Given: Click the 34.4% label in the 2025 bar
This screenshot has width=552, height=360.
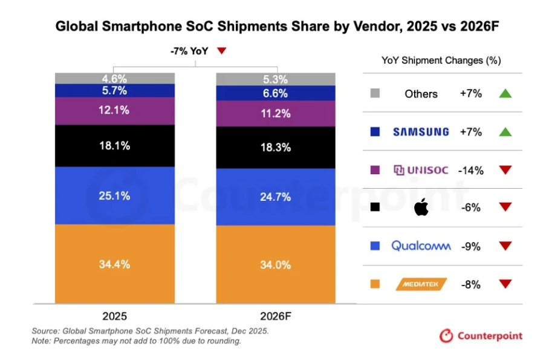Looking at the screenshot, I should pos(115,264).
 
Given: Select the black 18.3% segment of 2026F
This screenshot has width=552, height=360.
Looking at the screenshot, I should pos(276,147).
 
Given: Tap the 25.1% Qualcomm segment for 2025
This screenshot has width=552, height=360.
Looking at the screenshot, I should pos(115,195).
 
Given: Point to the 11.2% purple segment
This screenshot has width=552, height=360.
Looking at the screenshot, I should pos(276,113).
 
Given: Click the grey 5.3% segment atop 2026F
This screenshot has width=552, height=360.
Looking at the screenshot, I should pos(276,79).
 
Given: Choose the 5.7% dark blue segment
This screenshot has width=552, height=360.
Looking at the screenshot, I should pos(115,90).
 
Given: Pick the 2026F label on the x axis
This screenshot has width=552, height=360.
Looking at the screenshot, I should pos(276,315).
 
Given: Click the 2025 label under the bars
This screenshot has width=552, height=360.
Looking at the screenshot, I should pos(115,315).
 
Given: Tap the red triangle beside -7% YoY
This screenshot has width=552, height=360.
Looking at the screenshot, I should pos(221,51).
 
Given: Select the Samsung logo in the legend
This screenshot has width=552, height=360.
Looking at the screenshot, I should pos(421,132).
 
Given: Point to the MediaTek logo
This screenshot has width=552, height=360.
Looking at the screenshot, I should pos(421,284).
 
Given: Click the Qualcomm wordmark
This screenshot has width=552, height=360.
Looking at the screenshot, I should pos(421,246).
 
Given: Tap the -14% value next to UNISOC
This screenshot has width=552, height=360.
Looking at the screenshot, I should pos(470,170).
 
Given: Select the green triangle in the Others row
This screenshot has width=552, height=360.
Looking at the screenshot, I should pos(505,94).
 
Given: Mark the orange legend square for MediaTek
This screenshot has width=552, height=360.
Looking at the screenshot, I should pos(375,284).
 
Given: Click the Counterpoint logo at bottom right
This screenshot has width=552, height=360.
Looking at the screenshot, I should pos(481,336).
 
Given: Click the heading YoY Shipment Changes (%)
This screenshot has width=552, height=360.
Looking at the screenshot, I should pos(441,61).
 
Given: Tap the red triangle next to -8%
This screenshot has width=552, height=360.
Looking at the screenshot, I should pos(505,284).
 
